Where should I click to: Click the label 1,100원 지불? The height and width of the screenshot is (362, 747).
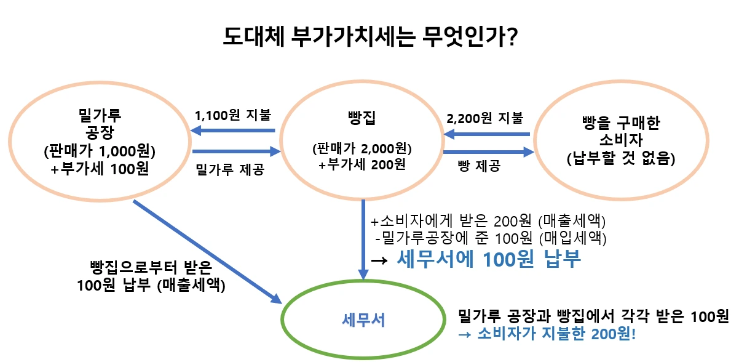click(233, 115)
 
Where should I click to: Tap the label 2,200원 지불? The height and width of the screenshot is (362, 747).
click(485, 118)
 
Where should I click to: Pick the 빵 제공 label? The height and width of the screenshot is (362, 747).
click(479, 166)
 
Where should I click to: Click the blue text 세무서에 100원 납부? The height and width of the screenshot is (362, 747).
click(489, 259)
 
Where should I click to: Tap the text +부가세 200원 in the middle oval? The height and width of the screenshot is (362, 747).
click(361, 164)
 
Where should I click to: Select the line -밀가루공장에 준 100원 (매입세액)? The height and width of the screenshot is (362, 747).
click(491, 238)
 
